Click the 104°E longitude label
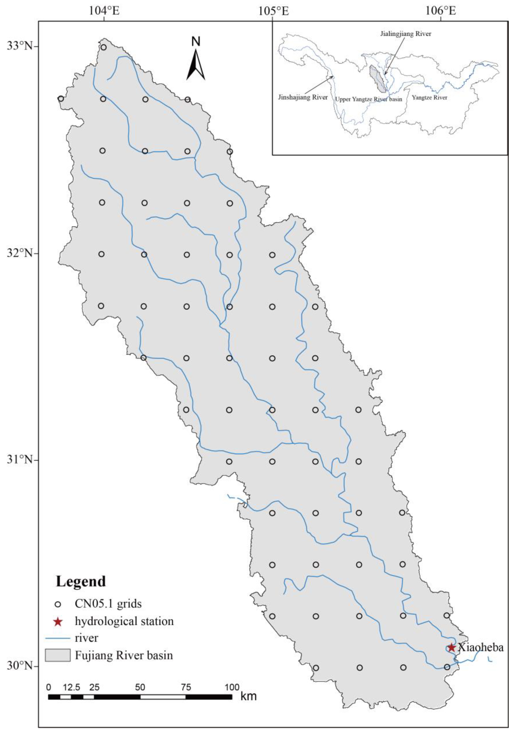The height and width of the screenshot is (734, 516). [x=104, y=11]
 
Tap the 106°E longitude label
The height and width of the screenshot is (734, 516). [x=441, y=11]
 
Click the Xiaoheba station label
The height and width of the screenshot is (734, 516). [x=481, y=647]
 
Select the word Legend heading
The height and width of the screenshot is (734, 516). [x=81, y=582]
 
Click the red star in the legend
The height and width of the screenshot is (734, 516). [x=58, y=622]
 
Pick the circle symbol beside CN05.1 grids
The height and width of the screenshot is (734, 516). [x=58, y=604]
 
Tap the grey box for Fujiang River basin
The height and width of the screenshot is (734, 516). [x=57, y=655]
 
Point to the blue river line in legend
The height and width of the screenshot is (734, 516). [x=57, y=638]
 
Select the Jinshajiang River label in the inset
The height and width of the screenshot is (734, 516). [x=303, y=97]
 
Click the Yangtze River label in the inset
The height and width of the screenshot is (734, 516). [x=429, y=97]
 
